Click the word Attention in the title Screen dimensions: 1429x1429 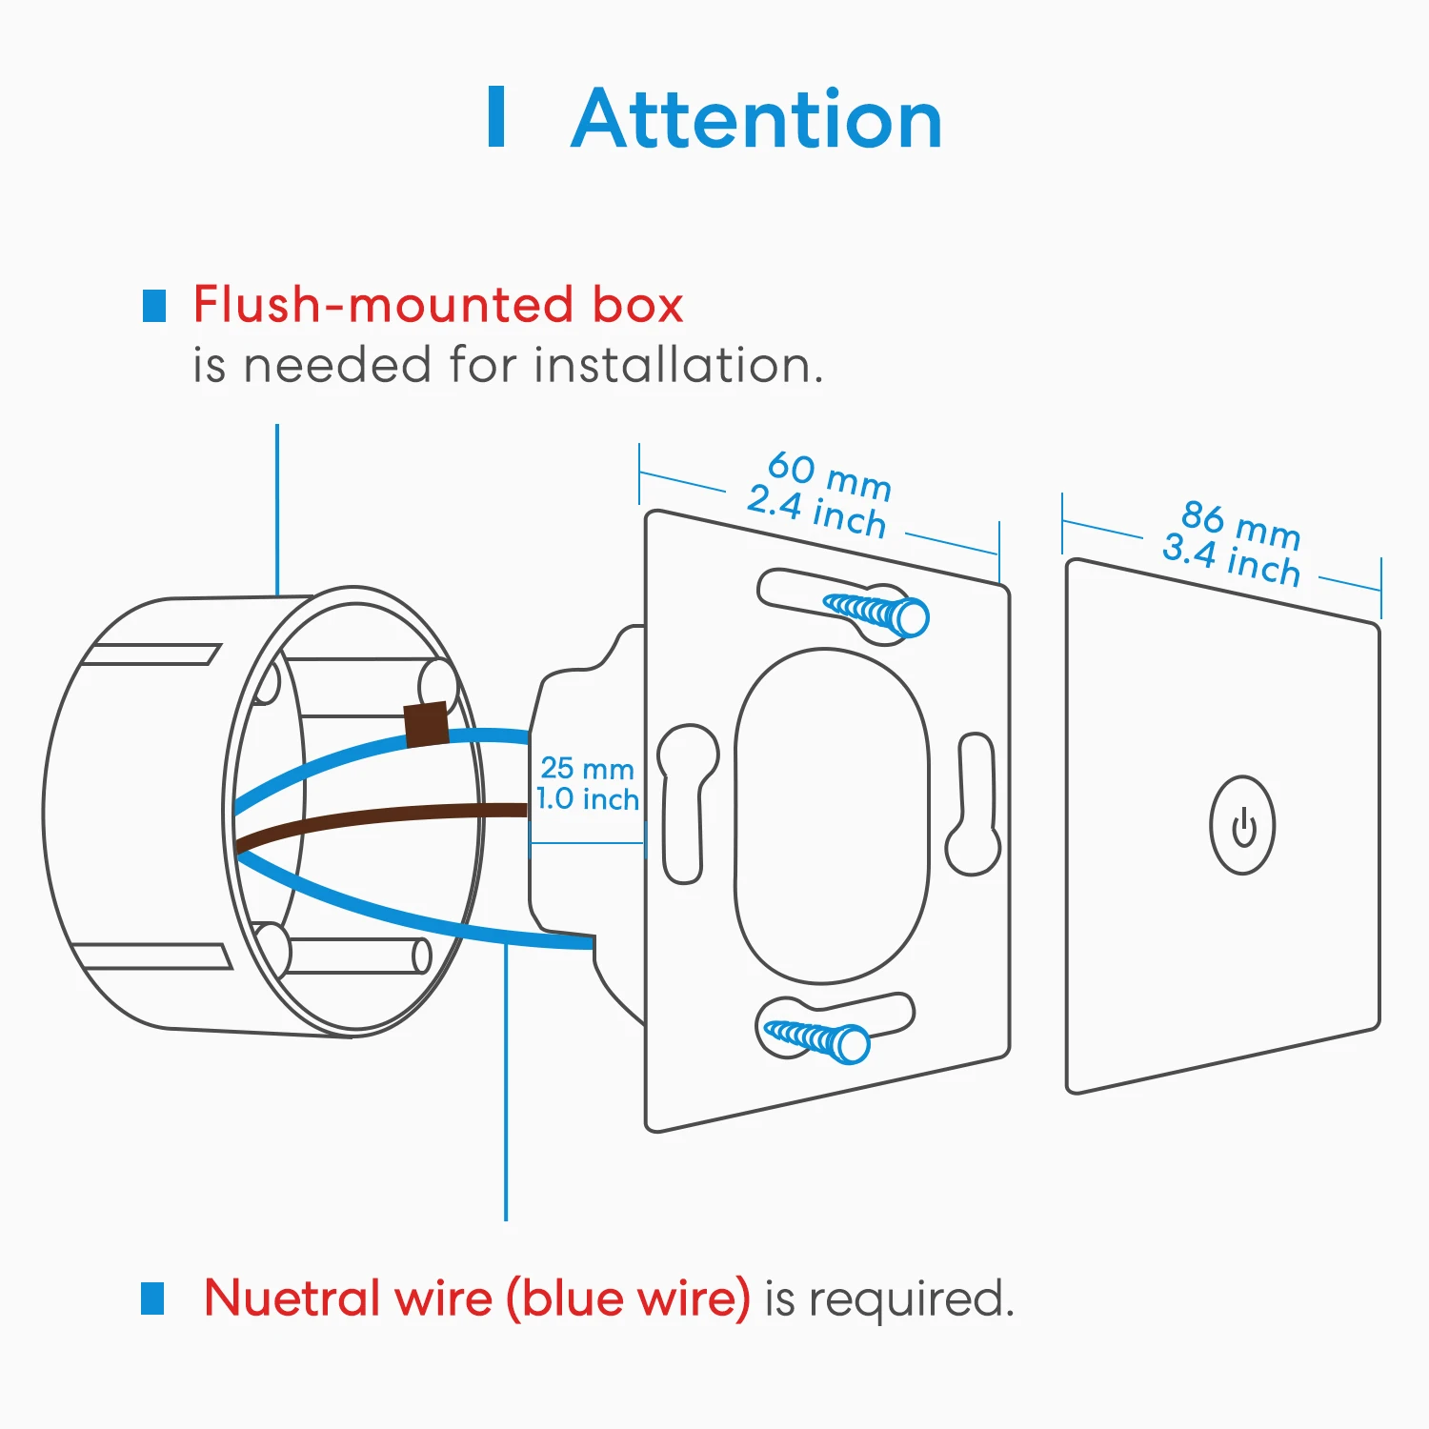[757, 119]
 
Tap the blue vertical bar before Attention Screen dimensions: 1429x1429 [496, 117]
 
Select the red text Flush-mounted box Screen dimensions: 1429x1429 [438, 305]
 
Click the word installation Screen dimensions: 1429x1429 [677, 365]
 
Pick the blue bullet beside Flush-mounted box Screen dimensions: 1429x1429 [154, 306]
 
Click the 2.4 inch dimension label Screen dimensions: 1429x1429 [816, 512]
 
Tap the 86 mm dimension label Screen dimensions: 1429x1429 [1240, 525]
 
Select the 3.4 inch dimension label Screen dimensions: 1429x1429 [1231, 560]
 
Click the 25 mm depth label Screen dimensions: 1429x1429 [587, 768]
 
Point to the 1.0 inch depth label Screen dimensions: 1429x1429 [587, 798]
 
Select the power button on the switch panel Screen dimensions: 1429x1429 [1242, 825]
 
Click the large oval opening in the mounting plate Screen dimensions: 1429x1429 [831, 815]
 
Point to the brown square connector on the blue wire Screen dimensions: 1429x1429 [425, 724]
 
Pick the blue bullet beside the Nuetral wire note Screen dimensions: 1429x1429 [152, 1298]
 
